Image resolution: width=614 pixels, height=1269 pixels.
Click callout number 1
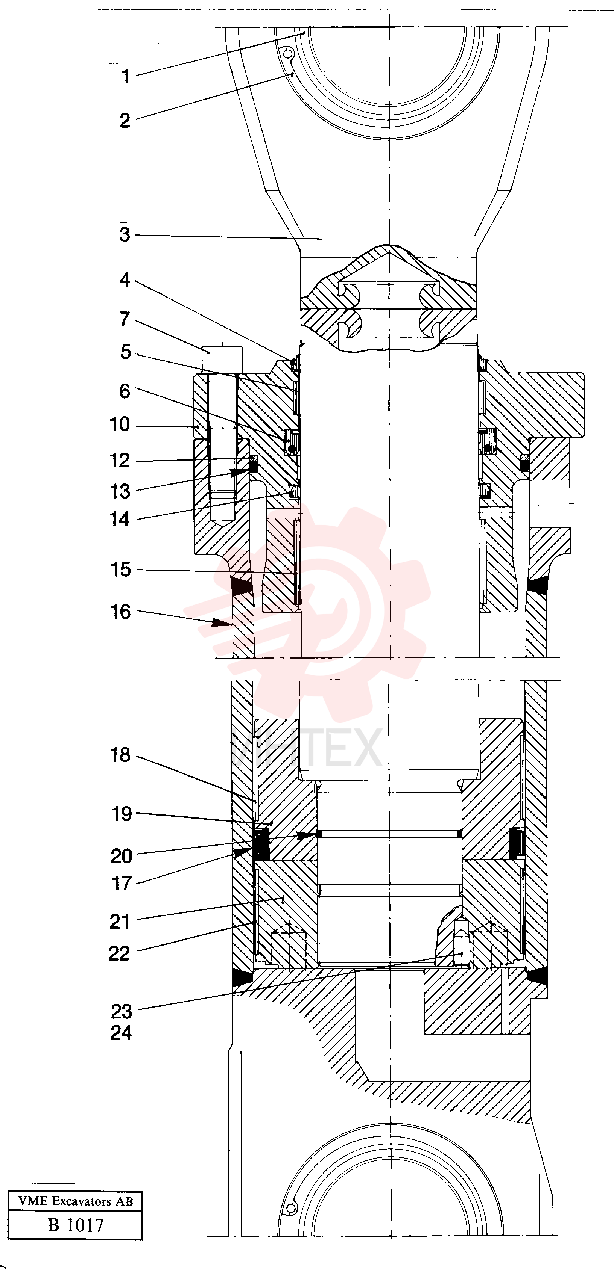[x=126, y=76]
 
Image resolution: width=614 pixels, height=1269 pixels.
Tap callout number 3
[x=125, y=234]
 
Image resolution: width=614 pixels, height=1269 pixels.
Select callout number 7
[x=125, y=319]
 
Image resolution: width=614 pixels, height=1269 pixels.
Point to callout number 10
[x=120, y=425]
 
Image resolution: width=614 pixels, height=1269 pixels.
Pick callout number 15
[x=120, y=570]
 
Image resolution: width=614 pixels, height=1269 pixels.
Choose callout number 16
[x=120, y=612]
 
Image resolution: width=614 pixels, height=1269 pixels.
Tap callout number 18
[x=120, y=755]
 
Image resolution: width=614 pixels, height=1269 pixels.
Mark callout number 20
[x=121, y=856]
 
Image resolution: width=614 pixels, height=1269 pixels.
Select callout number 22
[x=119, y=954]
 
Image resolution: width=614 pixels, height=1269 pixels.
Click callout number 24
[x=121, y=1033]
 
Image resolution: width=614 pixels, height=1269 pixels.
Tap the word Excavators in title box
[x=82, y=1201]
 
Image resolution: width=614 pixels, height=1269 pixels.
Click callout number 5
[x=126, y=352]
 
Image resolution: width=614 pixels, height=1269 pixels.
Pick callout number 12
[x=120, y=461]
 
